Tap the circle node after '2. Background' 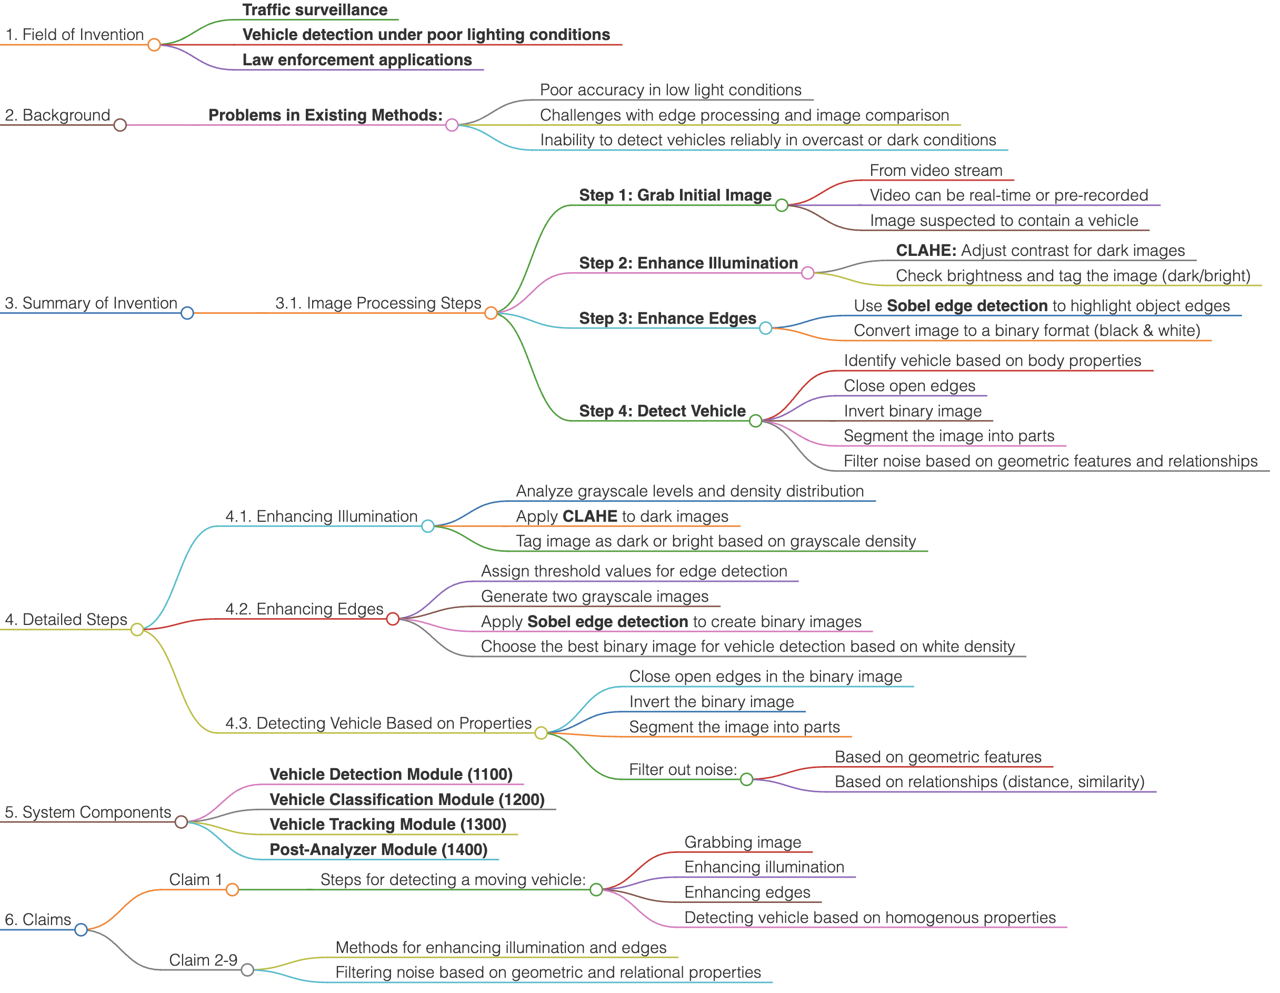pos(121,125)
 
